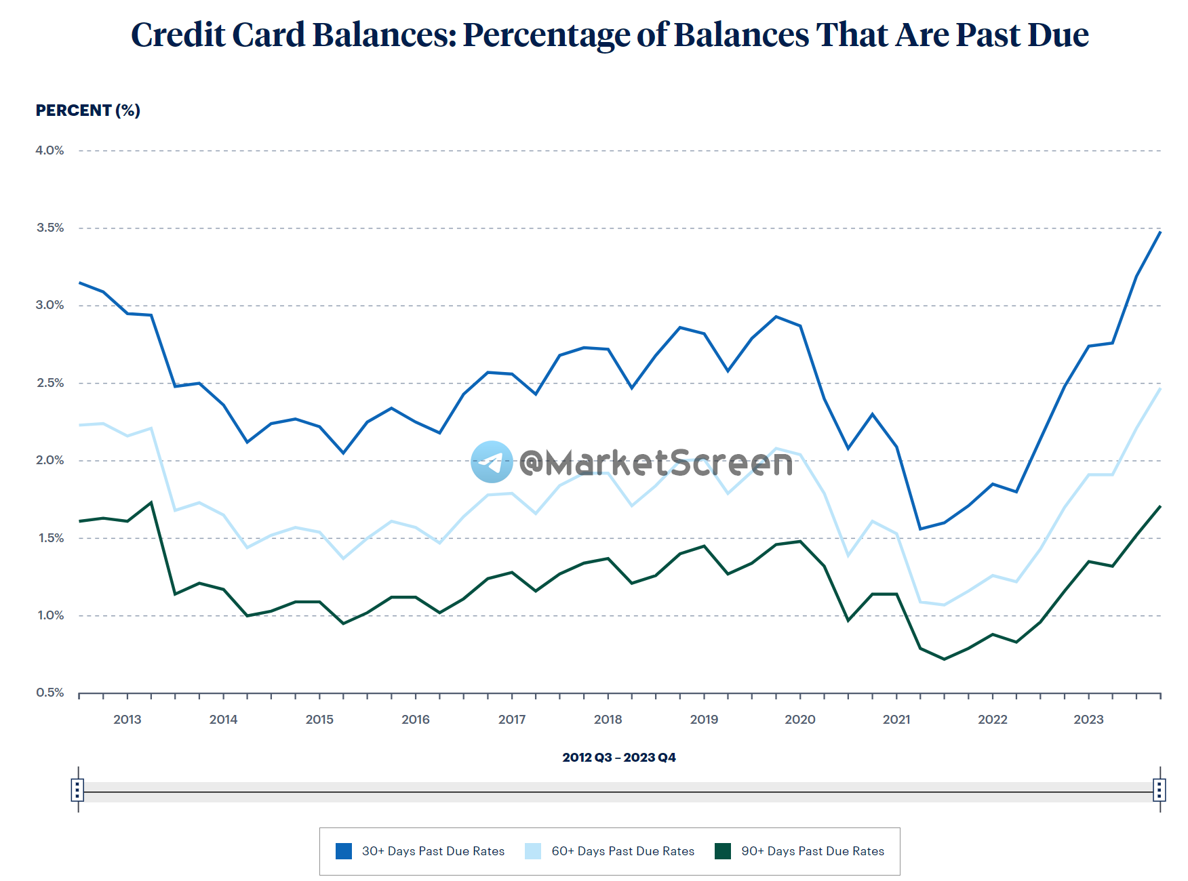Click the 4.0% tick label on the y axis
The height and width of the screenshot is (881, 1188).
coord(49,150)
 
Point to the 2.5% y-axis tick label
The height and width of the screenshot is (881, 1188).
coord(49,383)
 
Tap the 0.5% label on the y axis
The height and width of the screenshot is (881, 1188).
coord(49,693)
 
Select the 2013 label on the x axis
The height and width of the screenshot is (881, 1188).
coord(127,720)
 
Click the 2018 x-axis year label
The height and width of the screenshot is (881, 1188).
coord(608,720)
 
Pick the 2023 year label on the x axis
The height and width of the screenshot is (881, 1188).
coord(1088,720)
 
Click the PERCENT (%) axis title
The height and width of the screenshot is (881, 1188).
coord(88,110)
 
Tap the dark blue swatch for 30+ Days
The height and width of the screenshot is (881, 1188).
coord(344,851)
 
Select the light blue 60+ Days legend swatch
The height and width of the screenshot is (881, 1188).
coord(533,851)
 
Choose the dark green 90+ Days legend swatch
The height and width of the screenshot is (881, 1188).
coord(723,851)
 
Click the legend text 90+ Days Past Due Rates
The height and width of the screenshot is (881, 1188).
coord(812,851)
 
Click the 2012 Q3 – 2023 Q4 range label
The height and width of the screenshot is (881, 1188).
coord(619,758)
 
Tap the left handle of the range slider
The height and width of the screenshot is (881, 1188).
coord(78,790)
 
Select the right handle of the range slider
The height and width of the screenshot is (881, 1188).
coord(1160,790)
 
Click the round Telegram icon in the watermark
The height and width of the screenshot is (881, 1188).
coord(492,462)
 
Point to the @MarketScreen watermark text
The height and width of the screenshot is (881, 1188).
coord(656,463)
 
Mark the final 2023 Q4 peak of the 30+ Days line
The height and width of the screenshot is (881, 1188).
coord(1160,232)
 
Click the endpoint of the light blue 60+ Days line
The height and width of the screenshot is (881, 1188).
coord(1160,389)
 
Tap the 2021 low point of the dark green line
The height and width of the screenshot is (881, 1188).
coord(944,659)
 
